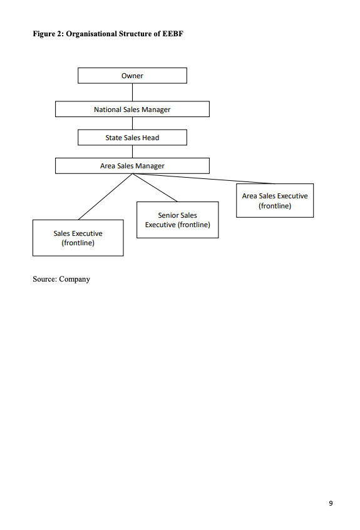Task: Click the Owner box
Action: click(132, 76)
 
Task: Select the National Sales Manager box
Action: click(132, 110)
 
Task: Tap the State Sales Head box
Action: click(132, 138)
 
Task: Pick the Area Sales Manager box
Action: click(132, 166)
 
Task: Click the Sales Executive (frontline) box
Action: click(78, 238)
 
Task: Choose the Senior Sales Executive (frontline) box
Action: click(177, 220)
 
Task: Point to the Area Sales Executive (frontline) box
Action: click(274, 200)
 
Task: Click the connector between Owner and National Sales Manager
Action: click(132, 93)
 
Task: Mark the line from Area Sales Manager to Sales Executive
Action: click(105, 196)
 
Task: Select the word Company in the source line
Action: click(75, 279)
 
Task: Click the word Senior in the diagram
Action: click(168, 215)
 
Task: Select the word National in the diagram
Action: click(108, 110)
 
